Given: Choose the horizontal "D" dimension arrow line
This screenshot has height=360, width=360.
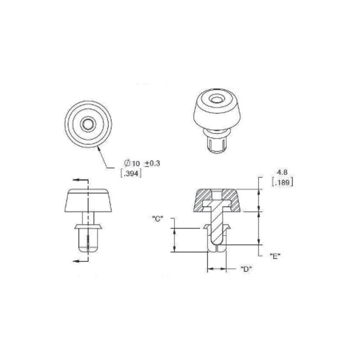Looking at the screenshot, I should pyautogui.click(x=217, y=269).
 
